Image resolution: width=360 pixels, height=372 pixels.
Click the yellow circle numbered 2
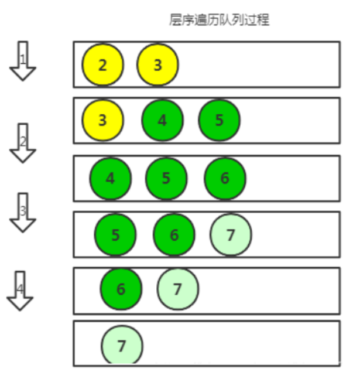(x=102, y=65)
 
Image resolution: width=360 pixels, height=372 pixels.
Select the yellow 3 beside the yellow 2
(x=157, y=65)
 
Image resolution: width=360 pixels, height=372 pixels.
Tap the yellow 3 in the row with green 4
(x=102, y=120)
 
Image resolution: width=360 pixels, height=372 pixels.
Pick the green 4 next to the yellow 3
(x=162, y=120)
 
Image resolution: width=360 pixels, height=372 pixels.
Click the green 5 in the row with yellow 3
(x=219, y=120)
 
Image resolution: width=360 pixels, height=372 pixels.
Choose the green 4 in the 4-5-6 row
(x=110, y=178)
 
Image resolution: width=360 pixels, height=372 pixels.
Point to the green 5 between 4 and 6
(x=166, y=178)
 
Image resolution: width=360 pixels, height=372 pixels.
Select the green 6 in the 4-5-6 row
(x=225, y=178)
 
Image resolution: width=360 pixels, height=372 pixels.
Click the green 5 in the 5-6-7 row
(x=115, y=235)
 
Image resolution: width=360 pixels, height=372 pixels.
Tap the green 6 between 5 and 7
(x=174, y=235)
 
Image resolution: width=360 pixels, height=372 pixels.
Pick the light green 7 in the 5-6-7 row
(x=231, y=235)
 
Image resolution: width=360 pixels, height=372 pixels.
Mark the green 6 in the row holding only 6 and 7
(x=121, y=289)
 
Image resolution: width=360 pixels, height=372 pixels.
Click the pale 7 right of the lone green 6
(x=178, y=289)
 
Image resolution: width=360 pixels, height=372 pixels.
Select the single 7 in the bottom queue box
(x=122, y=346)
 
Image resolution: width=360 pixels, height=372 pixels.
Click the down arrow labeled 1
(x=23, y=61)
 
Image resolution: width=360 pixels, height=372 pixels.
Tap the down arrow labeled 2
(x=23, y=143)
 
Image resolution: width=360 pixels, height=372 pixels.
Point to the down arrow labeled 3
(x=23, y=212)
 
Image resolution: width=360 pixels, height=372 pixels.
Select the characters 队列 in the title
(x=229, y=20)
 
